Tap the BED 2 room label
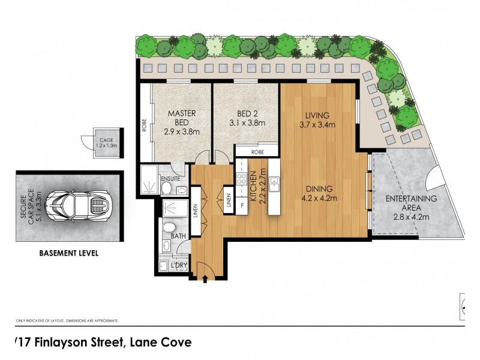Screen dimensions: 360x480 [246, 119]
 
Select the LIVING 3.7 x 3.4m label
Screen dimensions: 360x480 [317, 120]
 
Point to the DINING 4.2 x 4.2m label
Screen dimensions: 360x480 [322, 194]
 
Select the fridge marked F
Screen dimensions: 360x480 [242, 205]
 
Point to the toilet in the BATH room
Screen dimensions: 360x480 [169, 227]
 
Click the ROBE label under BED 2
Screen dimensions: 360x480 [257, 152]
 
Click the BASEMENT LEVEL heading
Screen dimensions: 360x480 [70, 253]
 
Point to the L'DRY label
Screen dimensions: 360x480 [178, 265]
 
